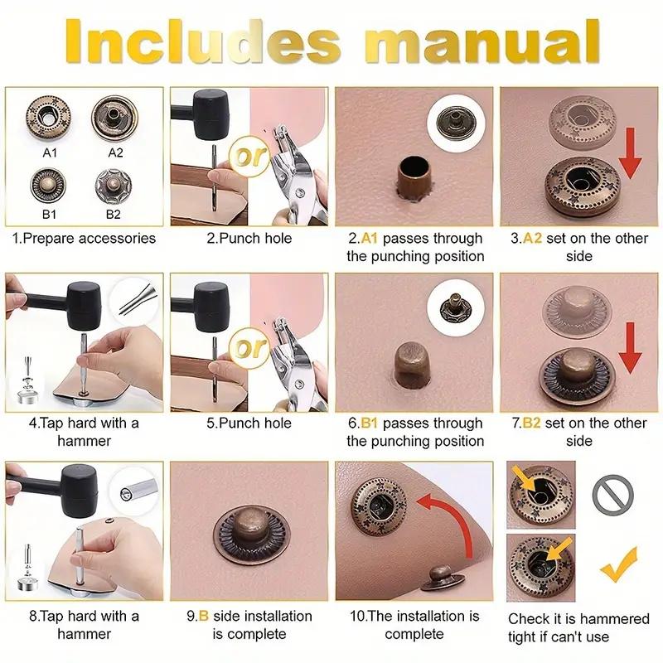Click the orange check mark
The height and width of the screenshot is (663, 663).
coord(617,567)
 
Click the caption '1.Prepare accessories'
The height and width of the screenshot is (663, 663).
coord(84,239)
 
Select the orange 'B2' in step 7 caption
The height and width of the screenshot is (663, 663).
coord(532,423)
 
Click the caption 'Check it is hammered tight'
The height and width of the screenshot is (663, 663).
coord(578,628)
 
